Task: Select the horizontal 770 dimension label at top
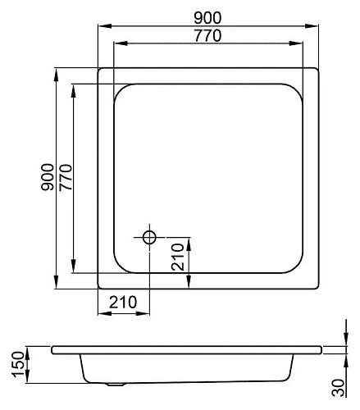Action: (x=207, y=35)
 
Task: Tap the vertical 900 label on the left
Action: (x=48, y=178)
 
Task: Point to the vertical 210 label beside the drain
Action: (x=180, y=259)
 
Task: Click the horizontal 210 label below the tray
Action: (x=123, y=302)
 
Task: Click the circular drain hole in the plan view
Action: (x=150, y=237)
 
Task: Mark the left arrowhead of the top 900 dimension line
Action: (x=101, y=25)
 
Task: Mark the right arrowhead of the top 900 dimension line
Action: (x=317, y=25)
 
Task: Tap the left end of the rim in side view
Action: (x=52, y=351)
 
